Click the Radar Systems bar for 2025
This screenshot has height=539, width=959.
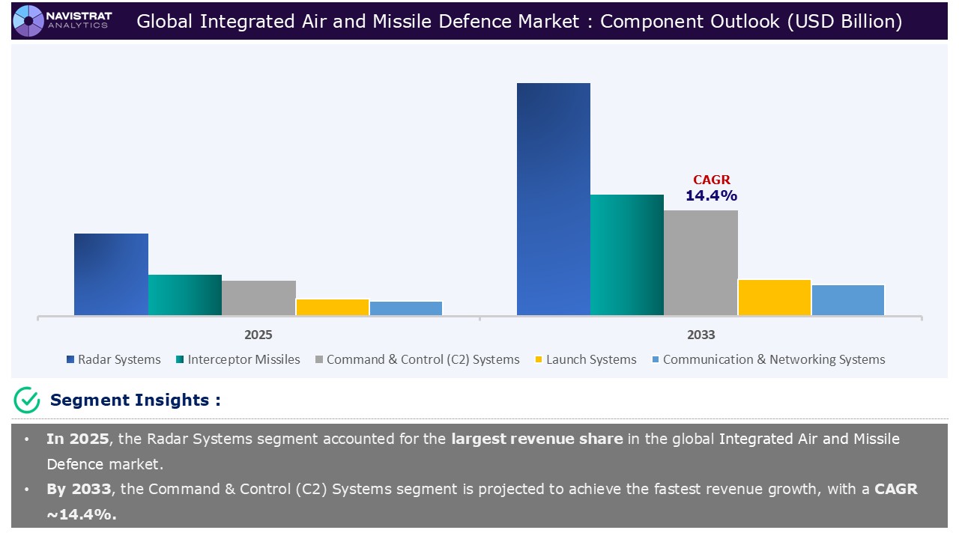click(111, 274)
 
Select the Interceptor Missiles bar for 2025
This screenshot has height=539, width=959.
click(185, 295)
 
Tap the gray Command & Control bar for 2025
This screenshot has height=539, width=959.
click(258, 298)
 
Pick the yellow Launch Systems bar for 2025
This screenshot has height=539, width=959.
click(333, 307)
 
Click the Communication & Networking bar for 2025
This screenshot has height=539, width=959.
click(406, 308)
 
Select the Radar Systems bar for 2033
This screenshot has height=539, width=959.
click(554, 199)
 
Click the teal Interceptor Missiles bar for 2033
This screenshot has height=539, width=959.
click(627, 255)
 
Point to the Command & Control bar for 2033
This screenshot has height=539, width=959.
click(701, 263)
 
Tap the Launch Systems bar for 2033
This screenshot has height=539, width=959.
click(775, 297)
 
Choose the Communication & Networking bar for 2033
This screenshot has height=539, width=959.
click(848, 299)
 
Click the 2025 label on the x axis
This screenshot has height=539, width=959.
click(258, 335)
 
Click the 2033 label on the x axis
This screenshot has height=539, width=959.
click(701, 335)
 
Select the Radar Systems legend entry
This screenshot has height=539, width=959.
click(113, 359)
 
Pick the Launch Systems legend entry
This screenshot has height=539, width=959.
click(585, 359)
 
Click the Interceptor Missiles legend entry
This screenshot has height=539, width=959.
click(238, 359)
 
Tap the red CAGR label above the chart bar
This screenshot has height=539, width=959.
click(711, 180)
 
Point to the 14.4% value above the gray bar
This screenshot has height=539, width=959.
click(711, 195)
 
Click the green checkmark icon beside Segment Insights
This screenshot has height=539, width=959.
click(27, 401)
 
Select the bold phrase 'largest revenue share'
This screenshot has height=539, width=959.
click(536, 439)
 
